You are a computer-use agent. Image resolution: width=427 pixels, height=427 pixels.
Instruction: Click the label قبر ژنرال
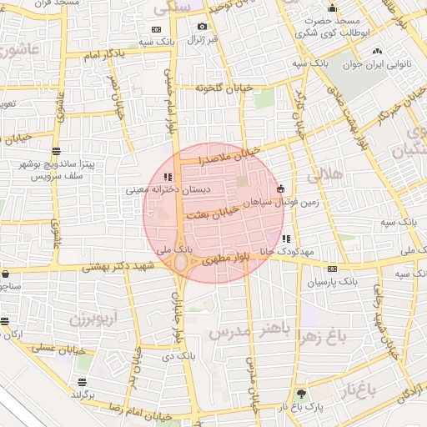pos(201,39)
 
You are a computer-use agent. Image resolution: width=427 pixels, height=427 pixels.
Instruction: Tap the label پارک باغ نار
pos(300,406)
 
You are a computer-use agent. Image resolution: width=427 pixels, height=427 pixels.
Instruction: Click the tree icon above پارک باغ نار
pos(300,394)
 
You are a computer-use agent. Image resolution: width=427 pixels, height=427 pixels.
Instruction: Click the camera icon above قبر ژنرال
pos(202,27)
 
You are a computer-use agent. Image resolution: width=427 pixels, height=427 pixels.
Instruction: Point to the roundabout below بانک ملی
pos(181,263)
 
